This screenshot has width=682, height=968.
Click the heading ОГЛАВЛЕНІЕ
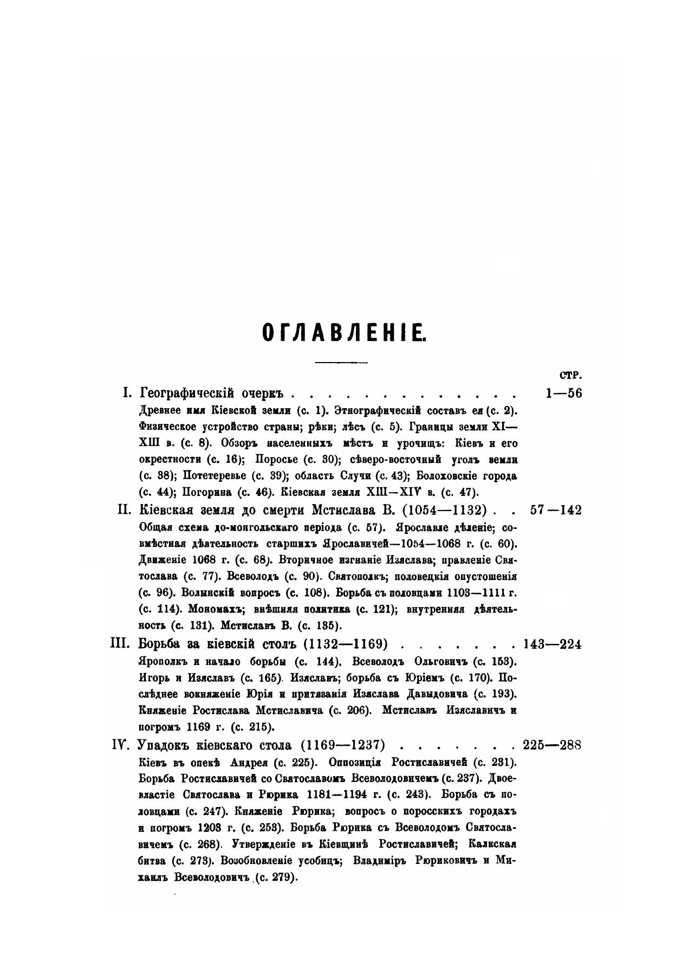(344, 332)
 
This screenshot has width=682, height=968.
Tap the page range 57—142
(556, 510)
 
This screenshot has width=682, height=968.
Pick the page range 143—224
(552, 644)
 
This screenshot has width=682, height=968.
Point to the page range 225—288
(552, 744)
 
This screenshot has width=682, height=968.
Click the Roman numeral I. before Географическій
(128, 393)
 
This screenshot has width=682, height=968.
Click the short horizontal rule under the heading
(341, 362)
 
